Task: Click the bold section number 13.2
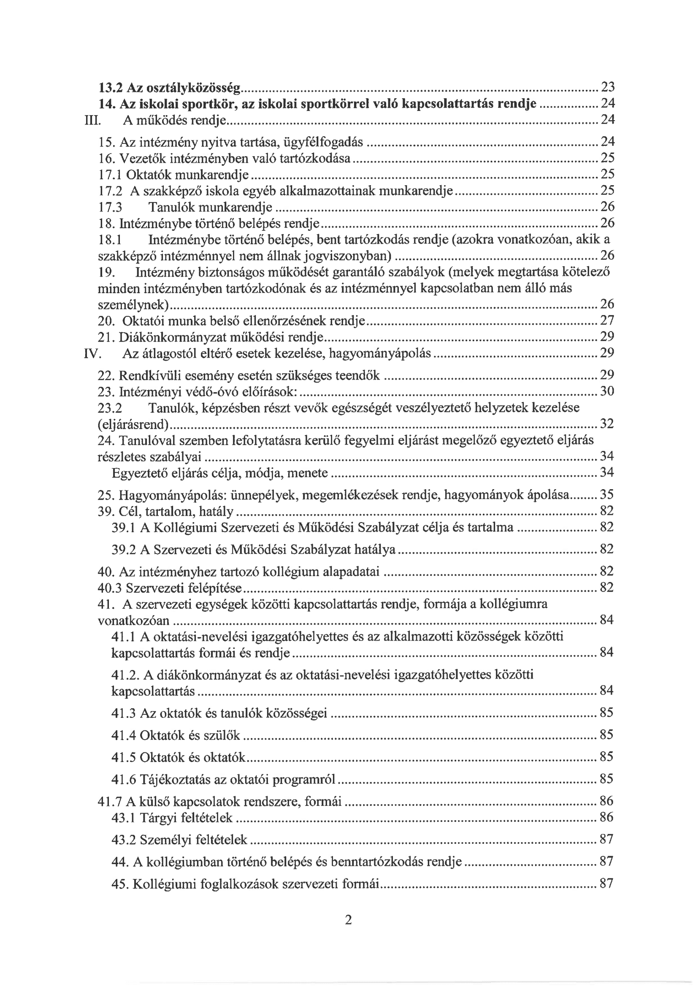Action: pos(111,88)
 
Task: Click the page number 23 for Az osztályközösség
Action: pos(607,88)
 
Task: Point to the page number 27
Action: pos(607,321)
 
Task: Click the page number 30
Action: pos(607,391)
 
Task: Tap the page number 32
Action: pos(607,424)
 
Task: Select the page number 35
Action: pos(607,495)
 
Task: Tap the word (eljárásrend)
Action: pos(133,425)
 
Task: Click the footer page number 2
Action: pos(348,920)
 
